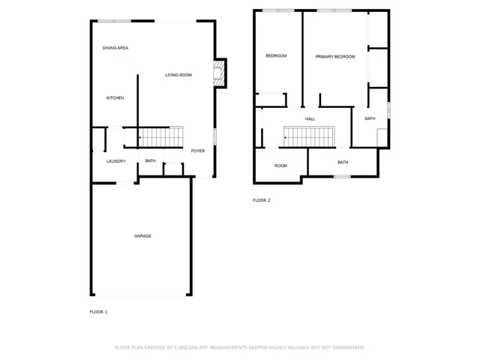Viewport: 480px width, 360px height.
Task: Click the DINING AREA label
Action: pyautogui.click(x=115, y=48)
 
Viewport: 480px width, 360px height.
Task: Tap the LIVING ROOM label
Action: pyautogui.click(x=178, y=75)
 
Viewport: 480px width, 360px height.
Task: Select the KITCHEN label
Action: pyautogui.click(x=115, y=98)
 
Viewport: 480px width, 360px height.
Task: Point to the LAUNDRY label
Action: pyautogui.click(x=115, y=160)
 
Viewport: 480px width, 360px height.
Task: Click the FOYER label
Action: pyautogui.click(x=197, y=151)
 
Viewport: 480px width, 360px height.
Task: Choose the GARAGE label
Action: pyautogui.click(x=142, y=236)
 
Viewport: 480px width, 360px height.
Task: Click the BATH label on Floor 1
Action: pyautogui.click(x=150, y=160)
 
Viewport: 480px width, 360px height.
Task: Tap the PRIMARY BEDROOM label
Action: pyautogui.click(x=334, y=57)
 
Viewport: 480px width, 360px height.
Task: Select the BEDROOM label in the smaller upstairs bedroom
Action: pyautogui.click(x=276, y=56)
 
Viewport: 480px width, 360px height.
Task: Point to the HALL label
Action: pyautogui.click(x=310, y=119)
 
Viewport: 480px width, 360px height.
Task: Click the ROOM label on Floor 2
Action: pyautogui.click(x=280, y=165)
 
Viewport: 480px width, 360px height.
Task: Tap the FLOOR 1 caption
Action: pyautogui.click(x=98, y=311)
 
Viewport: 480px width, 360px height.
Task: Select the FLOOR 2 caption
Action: pyautogui.click(x=261, y=200)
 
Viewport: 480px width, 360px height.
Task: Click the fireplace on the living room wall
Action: pyautogui.click(x=219, y=73)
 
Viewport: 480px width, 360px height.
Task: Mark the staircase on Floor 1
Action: pyautogui.click(x=161, y=137)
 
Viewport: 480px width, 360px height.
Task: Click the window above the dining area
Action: pyautogui.click(x=115, y=21)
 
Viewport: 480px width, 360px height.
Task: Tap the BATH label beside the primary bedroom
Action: pyautogui.click(x=370, y=118)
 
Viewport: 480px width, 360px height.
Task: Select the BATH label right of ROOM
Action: pyautogui.click(x=343, y=162)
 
